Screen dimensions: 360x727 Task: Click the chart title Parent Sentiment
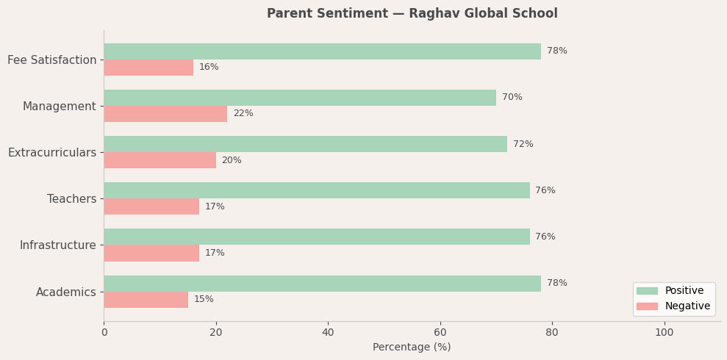click(x=412, y=14)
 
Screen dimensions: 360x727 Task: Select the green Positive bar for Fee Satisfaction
click(x=322, y=51)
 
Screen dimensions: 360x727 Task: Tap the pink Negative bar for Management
click(x=165, y=114)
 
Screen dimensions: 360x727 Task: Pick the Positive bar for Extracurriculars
click(x=305, y=144)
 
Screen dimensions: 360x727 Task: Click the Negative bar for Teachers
click(x=151, y=206)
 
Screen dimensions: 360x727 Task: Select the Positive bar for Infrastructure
click(x=316, y=237)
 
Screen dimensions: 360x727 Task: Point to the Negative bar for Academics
click(x=146, y=300)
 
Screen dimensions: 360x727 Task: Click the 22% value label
click(x=243, y=114)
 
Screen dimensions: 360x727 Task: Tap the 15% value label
click(x=204, y=300)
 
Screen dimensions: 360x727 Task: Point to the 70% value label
click(x=512, y=98)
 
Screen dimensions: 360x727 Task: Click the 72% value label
click(x=523, y=145)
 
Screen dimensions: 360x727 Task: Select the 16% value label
click(x=209, y=68)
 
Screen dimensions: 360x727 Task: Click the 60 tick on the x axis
click(x=440, y=333)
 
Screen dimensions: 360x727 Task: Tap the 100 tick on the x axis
click(x=665, y=333)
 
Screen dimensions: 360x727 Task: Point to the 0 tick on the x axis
click(x=104, y=333)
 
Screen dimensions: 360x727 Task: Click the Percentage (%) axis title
click(x=412, y=348)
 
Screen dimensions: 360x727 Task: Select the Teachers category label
click(x=71, y=199)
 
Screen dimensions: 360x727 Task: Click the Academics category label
click(x=65, y=292)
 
